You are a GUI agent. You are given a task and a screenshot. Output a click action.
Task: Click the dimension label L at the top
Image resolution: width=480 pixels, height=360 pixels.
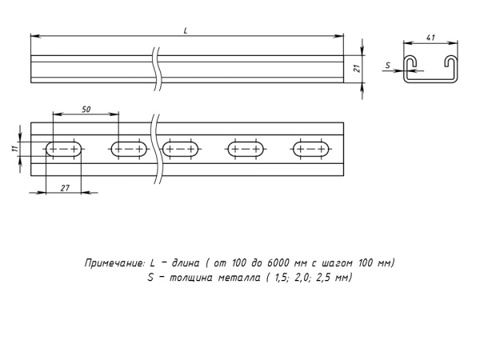[x=186, y=30]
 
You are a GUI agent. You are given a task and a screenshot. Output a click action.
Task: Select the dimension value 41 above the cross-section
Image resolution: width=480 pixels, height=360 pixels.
[x=430, y=38]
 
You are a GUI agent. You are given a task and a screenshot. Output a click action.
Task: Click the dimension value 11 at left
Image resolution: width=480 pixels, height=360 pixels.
[x=15, y=149]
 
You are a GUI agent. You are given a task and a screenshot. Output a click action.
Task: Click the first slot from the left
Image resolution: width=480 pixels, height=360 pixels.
[x=64, y=149]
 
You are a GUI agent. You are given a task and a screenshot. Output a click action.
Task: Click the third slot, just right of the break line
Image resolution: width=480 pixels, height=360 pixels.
[x=181, y=149]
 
